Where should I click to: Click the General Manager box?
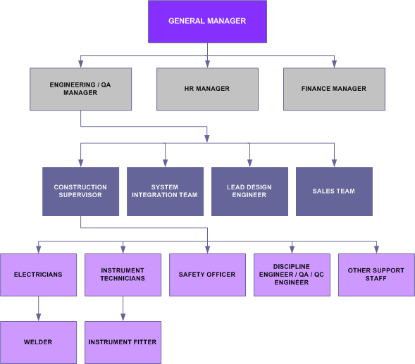pyautogui.click(x=207, y=21)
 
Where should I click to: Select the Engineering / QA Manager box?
pyautogui.click(x=81, y=89)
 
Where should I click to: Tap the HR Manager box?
pyautogui.click(x=207, y=89)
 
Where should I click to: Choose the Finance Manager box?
pyautogui.click(x=334, y=89)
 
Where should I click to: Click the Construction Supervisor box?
pyautogui.click(x=81, y=192)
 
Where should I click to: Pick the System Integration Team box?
pyautogui.click(x=165, y=192)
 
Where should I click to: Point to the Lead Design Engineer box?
pyautogui.click(x=249, y=192)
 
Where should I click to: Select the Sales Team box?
pyautogui.click(x=334, y=192)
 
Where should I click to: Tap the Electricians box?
pyautogui.click(x=38, y=275)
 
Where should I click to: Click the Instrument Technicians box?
pyautogui.click(x=123, y=275)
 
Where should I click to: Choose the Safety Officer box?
pyautogui.click(x=207, y=275)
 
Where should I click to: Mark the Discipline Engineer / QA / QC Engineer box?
pyautogui.click(x=292, y=275)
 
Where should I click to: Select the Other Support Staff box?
pyautogui.click(x=376, y=275)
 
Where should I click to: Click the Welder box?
pyautogui.click(x=38, y=343)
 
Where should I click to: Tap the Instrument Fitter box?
pyautogui.click(x=123, y=343)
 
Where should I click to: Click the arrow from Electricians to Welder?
pyautogui.click(x=38, y=308)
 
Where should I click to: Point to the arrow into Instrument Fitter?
pyautogui.click(x=123, y=308)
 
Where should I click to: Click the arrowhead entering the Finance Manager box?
pyautogui.click(x=334, y=64)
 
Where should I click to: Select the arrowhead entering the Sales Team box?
pyautogui.click(x=334, y=163)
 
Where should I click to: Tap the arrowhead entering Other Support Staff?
pyautogui.click(x=376, y=250)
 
